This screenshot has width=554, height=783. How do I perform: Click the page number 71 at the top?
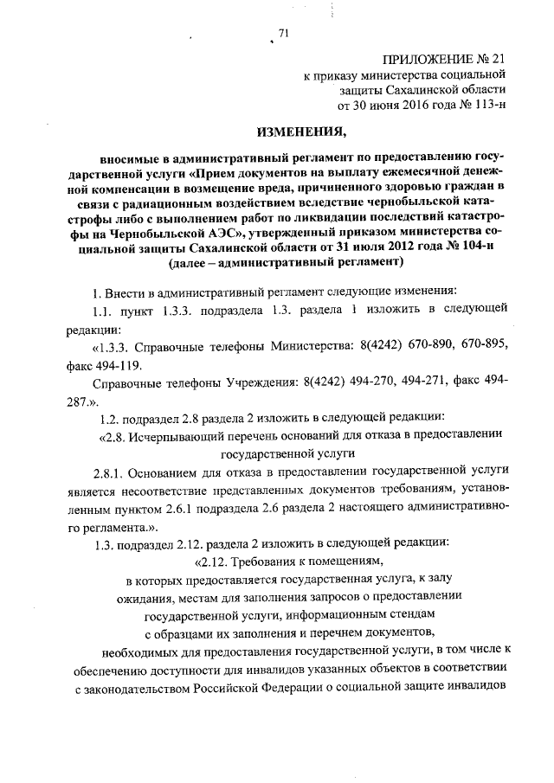point(283,34)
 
